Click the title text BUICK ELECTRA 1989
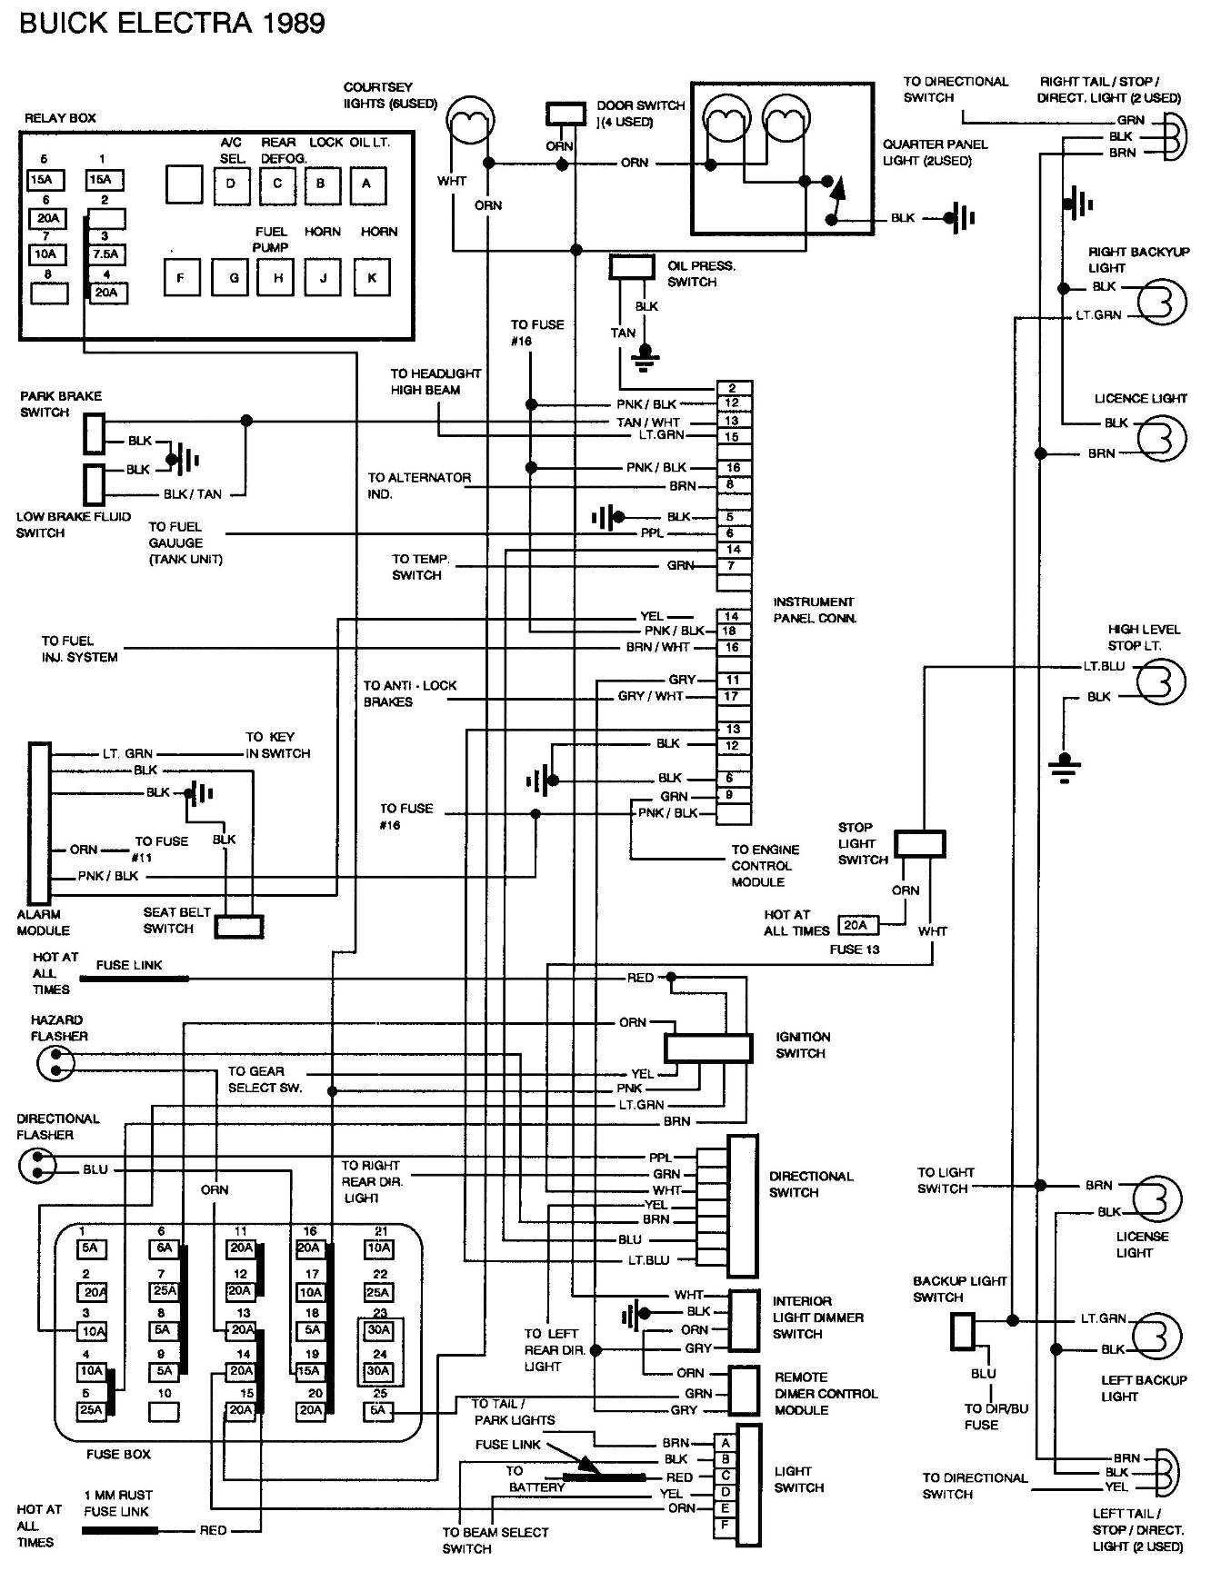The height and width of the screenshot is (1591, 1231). click(172, 22)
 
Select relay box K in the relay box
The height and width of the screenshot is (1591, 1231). click(371, 277)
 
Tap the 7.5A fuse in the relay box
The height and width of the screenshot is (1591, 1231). click(105, 254)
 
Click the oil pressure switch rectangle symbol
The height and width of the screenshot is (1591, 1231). click(632, 266)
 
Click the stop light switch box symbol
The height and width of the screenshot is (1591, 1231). click(919, 843)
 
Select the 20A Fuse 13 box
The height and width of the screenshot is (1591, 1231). click(856, 925)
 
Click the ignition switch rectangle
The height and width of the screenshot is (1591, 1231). click(707, 1048)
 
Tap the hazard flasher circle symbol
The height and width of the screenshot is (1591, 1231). click(55, 1062)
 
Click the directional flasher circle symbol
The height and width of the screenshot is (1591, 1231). click(37, 1164)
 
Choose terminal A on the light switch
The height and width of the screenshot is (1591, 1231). click(726, 1442)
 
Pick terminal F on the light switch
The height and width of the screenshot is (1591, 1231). click(726, 1525)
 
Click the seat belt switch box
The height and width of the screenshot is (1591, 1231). click(239, 926)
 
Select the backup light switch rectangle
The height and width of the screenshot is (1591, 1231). click(963, 1331)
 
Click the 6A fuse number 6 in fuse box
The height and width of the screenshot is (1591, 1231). click(164, 1248)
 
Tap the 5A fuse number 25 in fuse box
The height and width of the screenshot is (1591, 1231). click(378, 1410)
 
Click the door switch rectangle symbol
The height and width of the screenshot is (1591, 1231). click(565, 114)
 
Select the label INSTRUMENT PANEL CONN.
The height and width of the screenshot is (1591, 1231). click(815, 610)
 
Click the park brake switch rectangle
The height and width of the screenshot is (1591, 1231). click(94, 433)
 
